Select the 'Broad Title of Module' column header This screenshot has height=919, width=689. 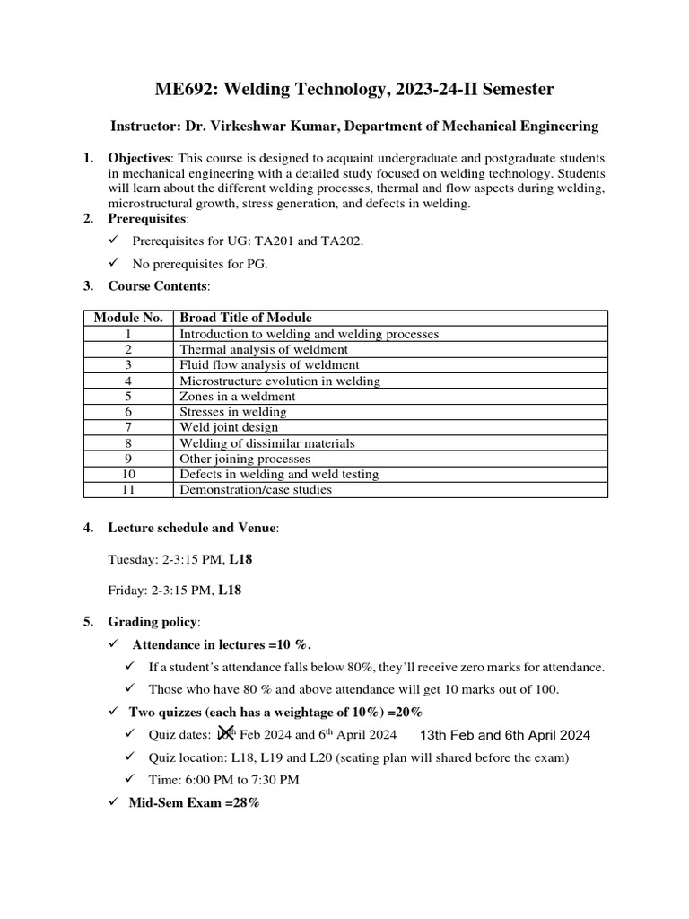coord(246,318)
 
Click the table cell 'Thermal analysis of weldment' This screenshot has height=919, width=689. coord(264,349)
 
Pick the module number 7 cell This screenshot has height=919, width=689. coord(128,427)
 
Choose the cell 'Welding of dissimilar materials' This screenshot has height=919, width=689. coord(267,442)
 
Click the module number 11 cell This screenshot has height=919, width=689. coord(128,489)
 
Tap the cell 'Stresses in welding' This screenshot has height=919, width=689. coord(233,411)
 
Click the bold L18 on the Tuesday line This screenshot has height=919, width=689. coord(241,559)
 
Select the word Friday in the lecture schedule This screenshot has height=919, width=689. coord(126,591)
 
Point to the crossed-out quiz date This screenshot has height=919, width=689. coord(226,733)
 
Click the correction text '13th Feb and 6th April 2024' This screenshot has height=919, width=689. coord(505,735)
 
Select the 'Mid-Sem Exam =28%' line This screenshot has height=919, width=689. coord(196,803)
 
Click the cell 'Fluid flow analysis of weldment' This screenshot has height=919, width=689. coord(269,364)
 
